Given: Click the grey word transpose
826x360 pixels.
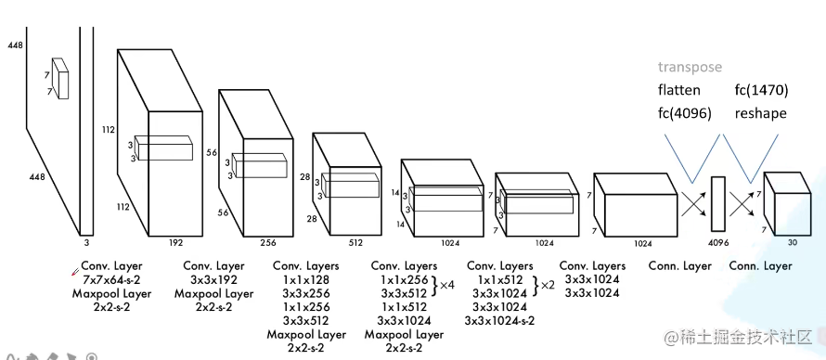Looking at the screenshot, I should (690, 67).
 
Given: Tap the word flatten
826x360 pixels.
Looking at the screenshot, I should (679, 90).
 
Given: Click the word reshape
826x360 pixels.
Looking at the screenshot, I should (759, 113).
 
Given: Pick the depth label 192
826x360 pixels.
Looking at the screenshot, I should (175, 242).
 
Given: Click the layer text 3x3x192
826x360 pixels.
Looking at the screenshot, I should (213, 279).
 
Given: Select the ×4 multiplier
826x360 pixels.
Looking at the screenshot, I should (446, 286).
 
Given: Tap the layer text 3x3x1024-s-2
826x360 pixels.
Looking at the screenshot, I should (507, 321).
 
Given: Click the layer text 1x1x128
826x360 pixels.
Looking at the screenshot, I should (305, 279).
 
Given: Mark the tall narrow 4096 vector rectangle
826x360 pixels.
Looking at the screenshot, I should (717, 203).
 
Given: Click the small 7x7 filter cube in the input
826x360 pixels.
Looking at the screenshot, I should (61, 79).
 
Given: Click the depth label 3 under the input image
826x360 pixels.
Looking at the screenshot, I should (85, 242).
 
